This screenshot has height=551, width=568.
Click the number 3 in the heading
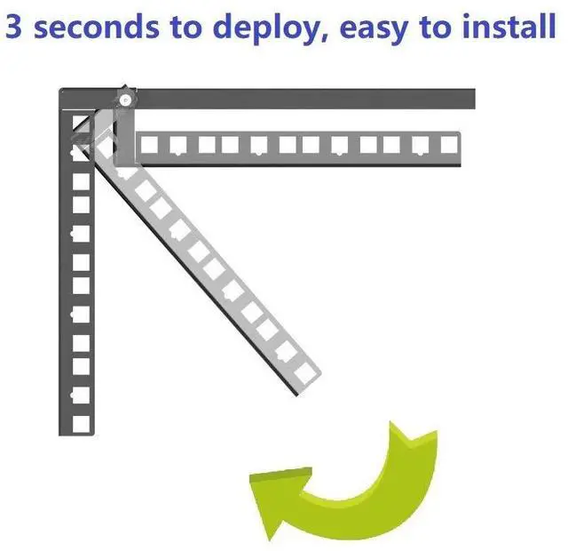(15, 28)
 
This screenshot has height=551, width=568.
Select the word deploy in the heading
(261, 29)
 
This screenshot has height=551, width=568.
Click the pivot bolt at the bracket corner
(126, 99)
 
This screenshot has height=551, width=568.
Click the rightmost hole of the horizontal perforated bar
(444, 144)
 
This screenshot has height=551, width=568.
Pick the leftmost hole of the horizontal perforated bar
(150, 144)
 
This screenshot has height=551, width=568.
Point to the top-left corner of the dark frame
(62, 91)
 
